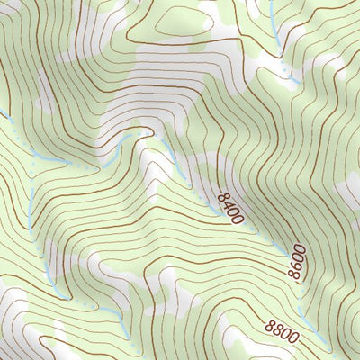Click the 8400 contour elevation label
[229, 204]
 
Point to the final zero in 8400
[239, 217]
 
